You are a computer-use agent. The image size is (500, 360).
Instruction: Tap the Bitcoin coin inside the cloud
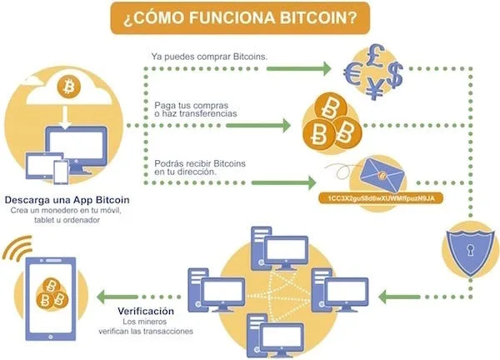coord(68,87)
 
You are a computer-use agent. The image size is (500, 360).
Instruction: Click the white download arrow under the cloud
coord(65,117)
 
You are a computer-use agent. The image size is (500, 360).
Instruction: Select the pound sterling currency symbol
coord(375,56)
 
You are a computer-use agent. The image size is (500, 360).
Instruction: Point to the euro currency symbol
coord(353,74)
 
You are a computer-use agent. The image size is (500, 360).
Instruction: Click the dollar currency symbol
coord(395,75)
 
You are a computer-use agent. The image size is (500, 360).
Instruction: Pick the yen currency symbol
coord(375,88)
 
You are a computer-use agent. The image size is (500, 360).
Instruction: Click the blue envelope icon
coord(382,175)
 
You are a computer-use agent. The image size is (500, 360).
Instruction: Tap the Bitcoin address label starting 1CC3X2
coord(381,198)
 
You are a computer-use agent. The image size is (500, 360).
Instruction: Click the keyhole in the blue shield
coord(470,250)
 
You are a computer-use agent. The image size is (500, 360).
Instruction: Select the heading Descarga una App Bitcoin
coord(67,200)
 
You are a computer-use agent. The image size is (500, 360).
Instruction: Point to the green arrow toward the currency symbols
coord(298,69)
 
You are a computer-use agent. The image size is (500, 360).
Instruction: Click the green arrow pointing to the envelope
coord(283,182)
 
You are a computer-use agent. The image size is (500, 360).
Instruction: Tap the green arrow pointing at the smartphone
coord(117,297)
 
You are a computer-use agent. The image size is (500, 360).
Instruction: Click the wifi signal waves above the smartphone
coord(18,248)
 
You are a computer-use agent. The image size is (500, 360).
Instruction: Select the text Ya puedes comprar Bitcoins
coord(209,57)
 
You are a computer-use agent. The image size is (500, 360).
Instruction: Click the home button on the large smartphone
coord(50,337)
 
